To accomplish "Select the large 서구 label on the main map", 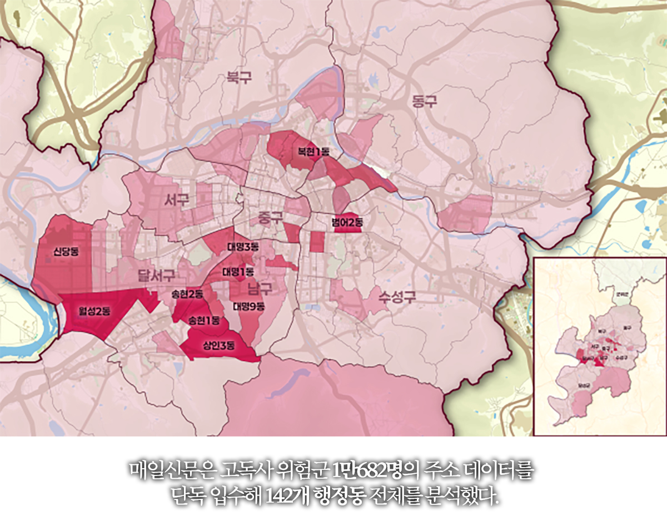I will point(177,200).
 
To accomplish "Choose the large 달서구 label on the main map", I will point(157,275).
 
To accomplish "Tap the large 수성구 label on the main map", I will point(397,296).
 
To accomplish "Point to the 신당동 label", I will point(66,251).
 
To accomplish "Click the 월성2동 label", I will point(93,311).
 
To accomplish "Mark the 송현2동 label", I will point(187,294).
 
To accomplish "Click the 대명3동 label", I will point(243,246).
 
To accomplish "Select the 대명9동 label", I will point(248,306).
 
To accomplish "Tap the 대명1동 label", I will point(238,272).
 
